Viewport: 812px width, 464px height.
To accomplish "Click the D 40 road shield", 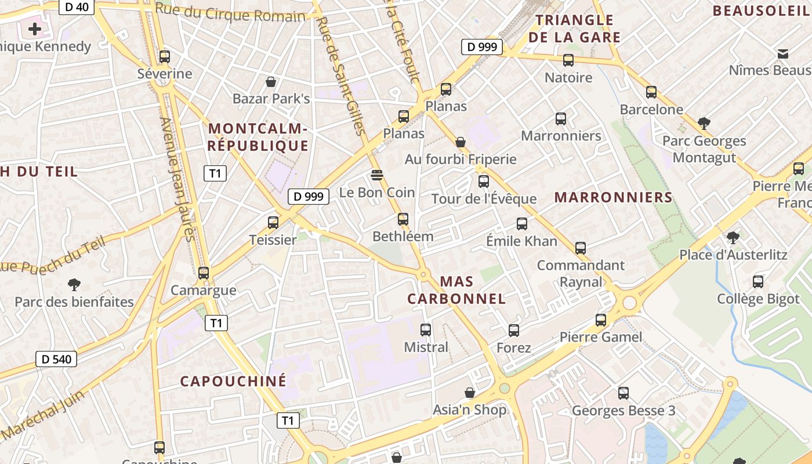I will click(77, 7).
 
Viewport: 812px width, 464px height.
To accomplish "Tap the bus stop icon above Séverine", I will click(165, 57).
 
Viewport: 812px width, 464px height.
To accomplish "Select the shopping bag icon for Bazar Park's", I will click(270, 82).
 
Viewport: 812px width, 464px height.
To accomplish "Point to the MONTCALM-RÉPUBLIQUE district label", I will click(258, 137).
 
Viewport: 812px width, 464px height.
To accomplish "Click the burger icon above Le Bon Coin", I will click(377, 175).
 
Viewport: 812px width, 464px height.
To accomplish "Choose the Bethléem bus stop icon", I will click(403, 219).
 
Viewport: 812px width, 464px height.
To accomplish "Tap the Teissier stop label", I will click(273, 240).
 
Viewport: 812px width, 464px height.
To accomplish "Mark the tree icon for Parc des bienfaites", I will click(74, 285).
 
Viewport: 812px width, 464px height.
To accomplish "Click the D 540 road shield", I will click(57, 359).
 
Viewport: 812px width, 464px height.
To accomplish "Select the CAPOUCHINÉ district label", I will click(233, 381).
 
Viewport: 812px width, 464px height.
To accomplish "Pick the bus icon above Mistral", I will click(426, 330).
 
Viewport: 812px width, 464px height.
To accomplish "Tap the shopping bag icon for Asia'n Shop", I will click(470, 393).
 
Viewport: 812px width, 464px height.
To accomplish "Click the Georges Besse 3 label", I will click(623, 411).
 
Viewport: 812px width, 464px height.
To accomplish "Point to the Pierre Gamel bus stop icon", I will click(601, 320).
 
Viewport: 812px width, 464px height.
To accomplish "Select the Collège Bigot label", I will click(757, 299).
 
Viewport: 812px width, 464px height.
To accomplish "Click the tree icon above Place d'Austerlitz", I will click(733, 237).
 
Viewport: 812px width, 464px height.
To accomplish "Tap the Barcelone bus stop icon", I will click(651, 92).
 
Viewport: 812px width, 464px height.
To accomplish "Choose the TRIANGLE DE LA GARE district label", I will click(574, 29).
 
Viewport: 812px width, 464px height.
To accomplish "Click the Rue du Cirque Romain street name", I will click(230, 13).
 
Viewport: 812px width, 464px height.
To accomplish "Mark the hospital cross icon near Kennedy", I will click(35, 28).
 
